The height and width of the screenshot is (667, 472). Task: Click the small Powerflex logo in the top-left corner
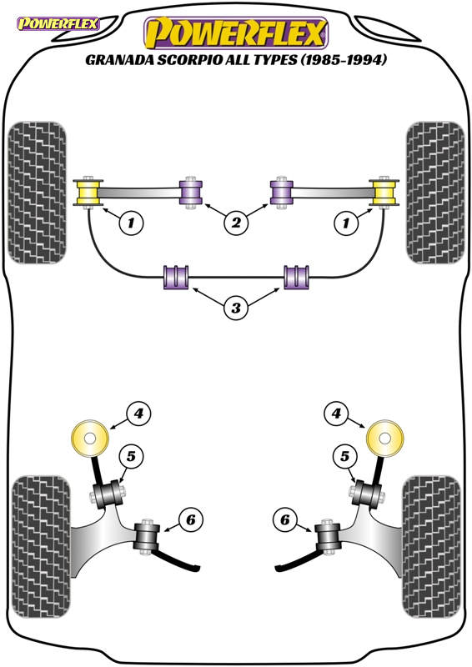click(58, 23)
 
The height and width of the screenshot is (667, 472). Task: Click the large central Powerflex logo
click(236, 33)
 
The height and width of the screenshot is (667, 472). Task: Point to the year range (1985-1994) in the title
click(344, 59)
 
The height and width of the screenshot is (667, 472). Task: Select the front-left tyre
click(37, 193)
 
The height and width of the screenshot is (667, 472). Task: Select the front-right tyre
click(435, 193)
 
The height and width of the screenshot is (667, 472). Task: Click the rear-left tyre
click(41, 547)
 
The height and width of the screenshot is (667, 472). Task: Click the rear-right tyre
click(432, 547)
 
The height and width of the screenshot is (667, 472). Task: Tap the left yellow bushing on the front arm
click(88, 193)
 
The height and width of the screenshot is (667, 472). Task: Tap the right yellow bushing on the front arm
click(384, 193)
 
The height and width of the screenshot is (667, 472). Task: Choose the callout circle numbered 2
click(236, 222)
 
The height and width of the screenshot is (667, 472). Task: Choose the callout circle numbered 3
click(236, 307)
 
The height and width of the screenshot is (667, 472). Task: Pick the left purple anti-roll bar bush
click(176, 278)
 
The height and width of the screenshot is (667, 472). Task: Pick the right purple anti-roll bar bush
click(296, 278)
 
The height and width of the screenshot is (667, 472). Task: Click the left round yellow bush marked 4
click(90, 439)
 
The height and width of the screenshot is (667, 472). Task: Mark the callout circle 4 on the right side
click(336, 413)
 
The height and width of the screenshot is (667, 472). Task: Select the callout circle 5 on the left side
click(131, 456)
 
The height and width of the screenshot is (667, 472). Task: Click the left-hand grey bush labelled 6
click(148, 536)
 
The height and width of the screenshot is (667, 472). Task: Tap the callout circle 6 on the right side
click(284, 519)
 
